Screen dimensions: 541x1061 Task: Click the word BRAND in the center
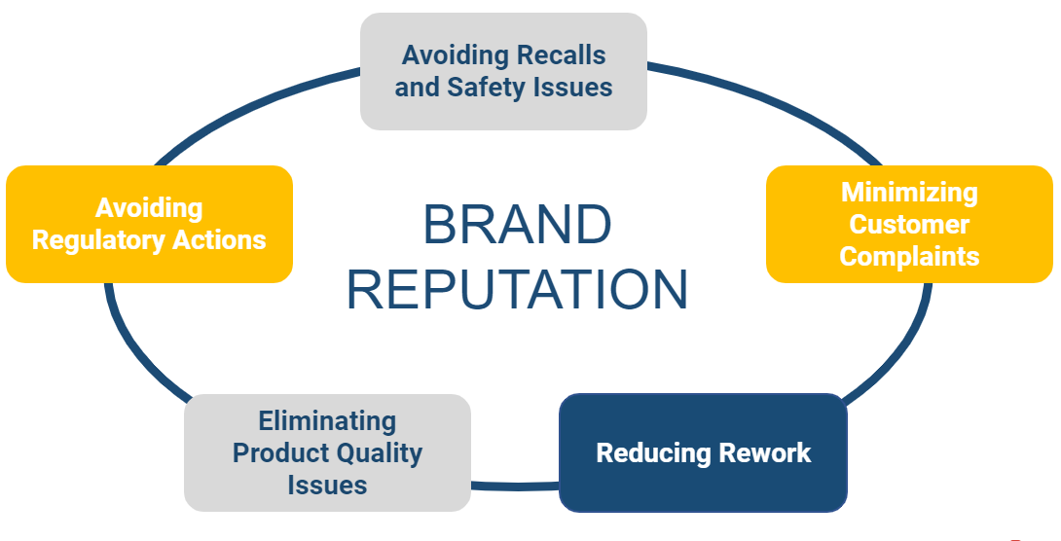pos(517,226)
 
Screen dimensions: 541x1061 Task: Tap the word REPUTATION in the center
pos(517,290)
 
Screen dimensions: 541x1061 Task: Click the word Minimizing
pos(909,193)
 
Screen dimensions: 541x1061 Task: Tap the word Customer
pos(909,225)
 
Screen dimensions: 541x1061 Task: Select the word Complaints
pos(909,257)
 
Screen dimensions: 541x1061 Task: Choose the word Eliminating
pos(327,421)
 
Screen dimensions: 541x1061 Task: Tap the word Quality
pos(376,453)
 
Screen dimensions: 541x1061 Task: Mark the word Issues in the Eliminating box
pos(327,485)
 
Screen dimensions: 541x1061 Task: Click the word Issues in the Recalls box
pos(573,88)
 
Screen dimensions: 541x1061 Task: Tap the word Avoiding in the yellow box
pos(149,208)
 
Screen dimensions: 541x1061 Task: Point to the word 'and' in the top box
pos(417,88)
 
